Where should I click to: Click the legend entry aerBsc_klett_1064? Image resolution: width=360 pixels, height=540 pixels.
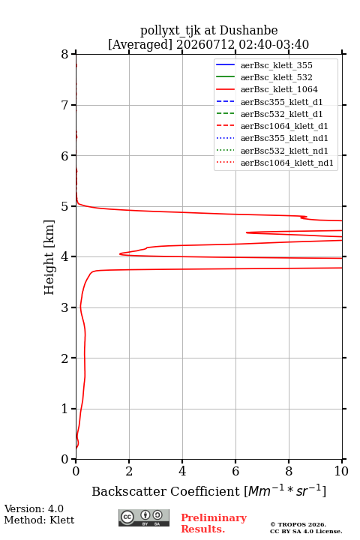coord(267,89)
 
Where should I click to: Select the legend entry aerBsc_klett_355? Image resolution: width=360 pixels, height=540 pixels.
coord(264,65)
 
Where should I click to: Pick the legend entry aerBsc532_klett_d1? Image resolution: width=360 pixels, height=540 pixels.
coord(269,114)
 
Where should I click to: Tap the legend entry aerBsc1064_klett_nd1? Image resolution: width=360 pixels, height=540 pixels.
coord(274,163)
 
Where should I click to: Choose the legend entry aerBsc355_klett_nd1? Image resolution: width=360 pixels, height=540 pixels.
coord(271,139)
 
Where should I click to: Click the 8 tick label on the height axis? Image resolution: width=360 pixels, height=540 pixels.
coord(64,55)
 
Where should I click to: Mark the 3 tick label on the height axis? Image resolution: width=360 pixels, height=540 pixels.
coord(64,307)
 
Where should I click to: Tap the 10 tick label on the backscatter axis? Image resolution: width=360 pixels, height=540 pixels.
coord(341,471)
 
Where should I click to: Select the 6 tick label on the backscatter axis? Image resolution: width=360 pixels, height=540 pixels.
coord(235,471)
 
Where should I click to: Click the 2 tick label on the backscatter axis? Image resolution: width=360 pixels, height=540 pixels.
coord(129,471)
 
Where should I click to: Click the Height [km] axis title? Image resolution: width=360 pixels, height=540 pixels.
coord(49,257)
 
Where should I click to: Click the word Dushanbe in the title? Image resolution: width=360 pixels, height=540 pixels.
coord(248,31)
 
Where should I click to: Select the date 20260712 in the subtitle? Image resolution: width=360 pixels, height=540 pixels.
coord(205,44)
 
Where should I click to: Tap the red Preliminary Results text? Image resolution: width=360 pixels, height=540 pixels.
coord(214,523)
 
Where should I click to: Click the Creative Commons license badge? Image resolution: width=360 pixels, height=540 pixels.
coord(144,518)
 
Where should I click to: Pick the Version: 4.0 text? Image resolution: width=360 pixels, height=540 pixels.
coord(34,508)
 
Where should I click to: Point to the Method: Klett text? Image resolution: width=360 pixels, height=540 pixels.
coord(39,520)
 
